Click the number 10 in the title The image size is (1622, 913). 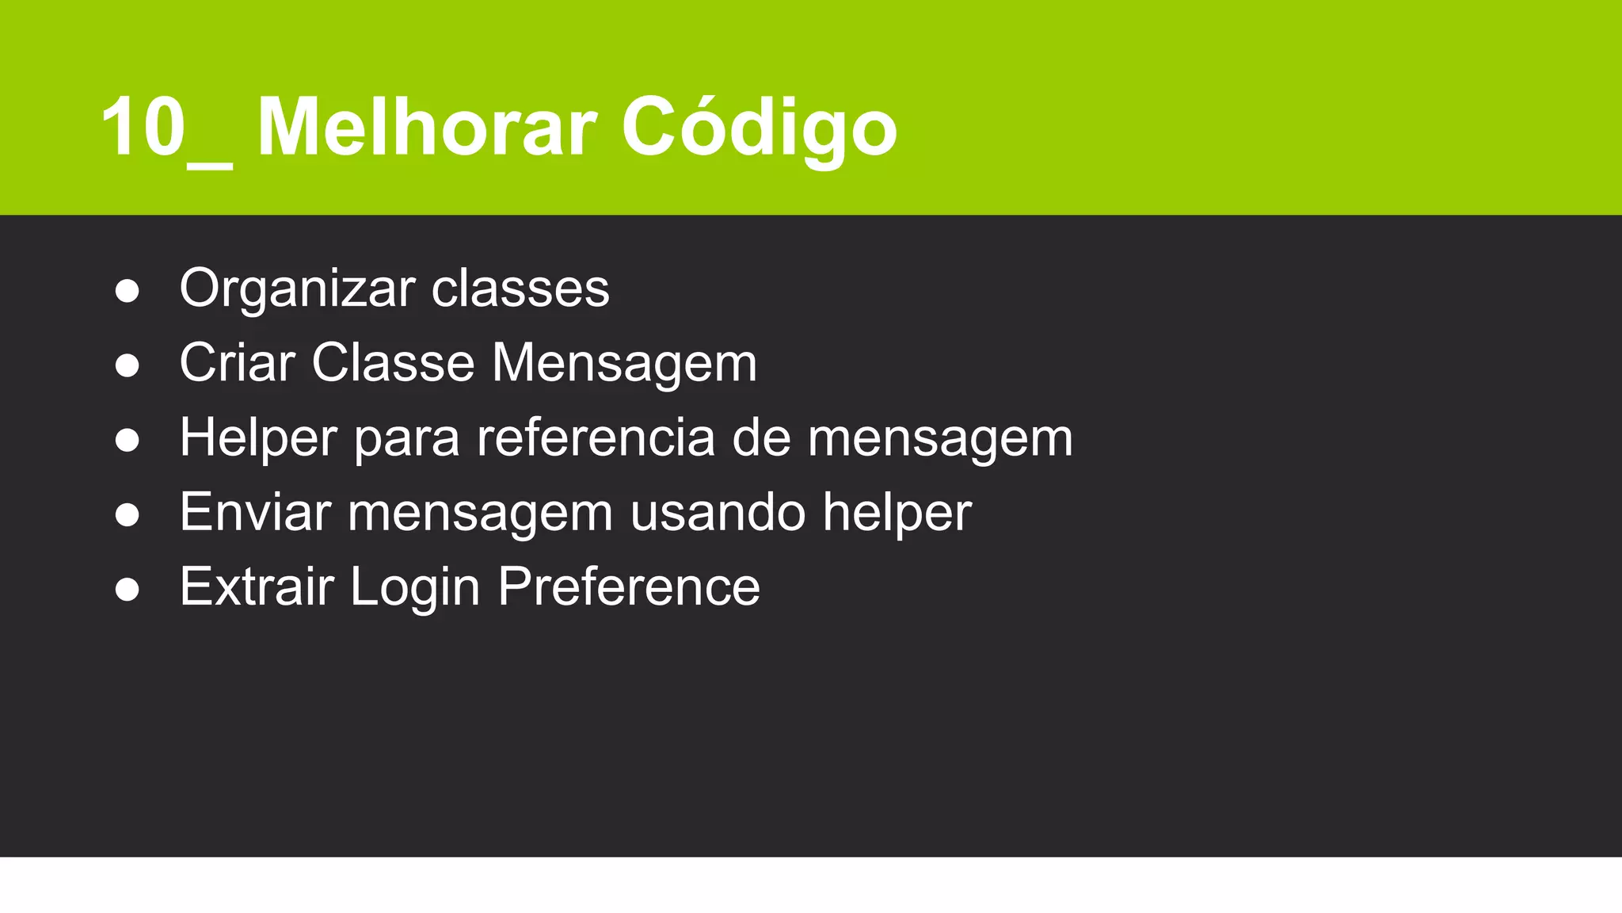point(143,128)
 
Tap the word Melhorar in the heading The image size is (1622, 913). point(427,128)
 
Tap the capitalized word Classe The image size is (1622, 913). point(394,363)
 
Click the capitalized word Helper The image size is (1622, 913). point(258,438)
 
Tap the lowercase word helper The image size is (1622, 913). point(897,514)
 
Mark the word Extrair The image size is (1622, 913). point(257,586)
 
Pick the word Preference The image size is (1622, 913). point(629,587)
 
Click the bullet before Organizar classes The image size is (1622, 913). point(127,291)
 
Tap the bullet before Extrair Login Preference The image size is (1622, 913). point(127,590)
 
